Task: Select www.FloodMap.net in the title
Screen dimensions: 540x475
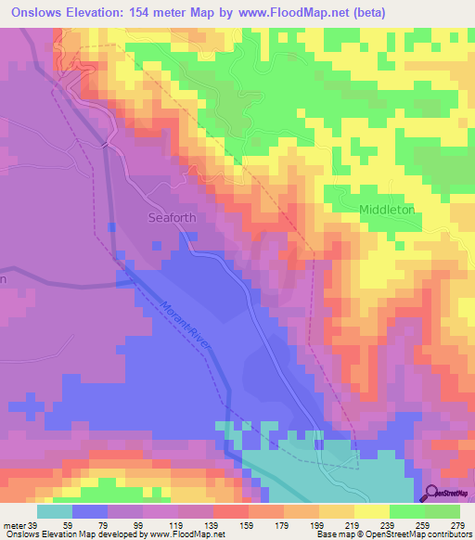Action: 288,12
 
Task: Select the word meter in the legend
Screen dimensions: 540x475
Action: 15,525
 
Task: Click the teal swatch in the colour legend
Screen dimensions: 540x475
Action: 55,511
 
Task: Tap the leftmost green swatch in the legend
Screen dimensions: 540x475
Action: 406,511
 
